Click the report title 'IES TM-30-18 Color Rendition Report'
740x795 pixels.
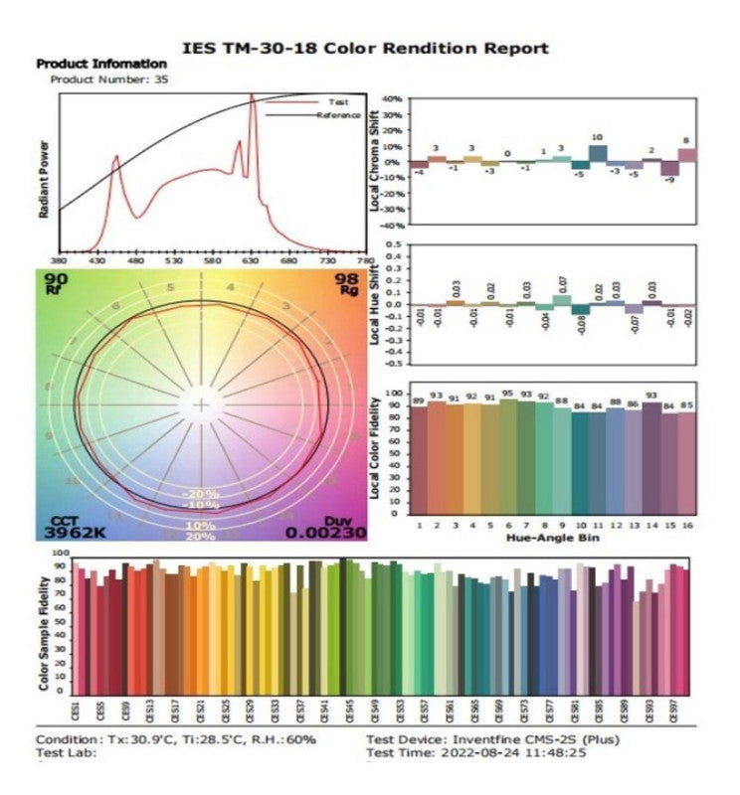coord(366,48)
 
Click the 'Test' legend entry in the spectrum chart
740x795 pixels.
coord(338,102)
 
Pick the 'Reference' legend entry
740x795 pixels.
coord(338,115)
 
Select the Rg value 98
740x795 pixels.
coord(345,280)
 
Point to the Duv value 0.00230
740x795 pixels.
coord(326,533)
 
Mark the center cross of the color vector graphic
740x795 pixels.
coord(202,404)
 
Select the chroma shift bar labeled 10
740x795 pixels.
coord(598,155)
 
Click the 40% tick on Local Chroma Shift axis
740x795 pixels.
coord(390,99)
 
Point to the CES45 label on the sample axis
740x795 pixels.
coord(348,710)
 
